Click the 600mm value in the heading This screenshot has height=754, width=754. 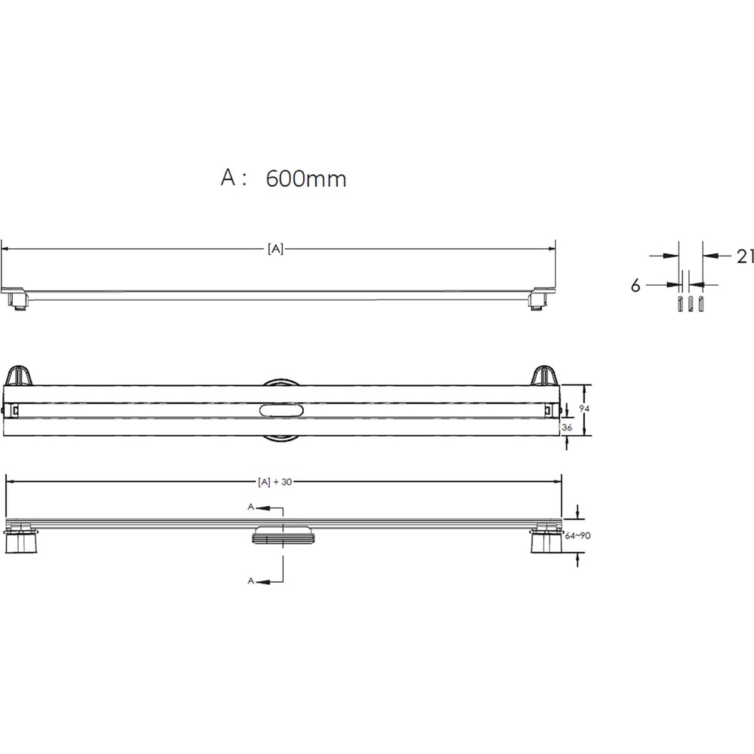306,179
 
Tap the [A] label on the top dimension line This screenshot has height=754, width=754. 275,249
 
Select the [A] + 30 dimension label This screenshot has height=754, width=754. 275,482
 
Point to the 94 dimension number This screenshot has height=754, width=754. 584,408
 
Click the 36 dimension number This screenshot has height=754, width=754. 567,427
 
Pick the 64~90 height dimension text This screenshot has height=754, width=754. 578,535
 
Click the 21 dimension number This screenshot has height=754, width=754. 745,256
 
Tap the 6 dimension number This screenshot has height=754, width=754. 636,286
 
